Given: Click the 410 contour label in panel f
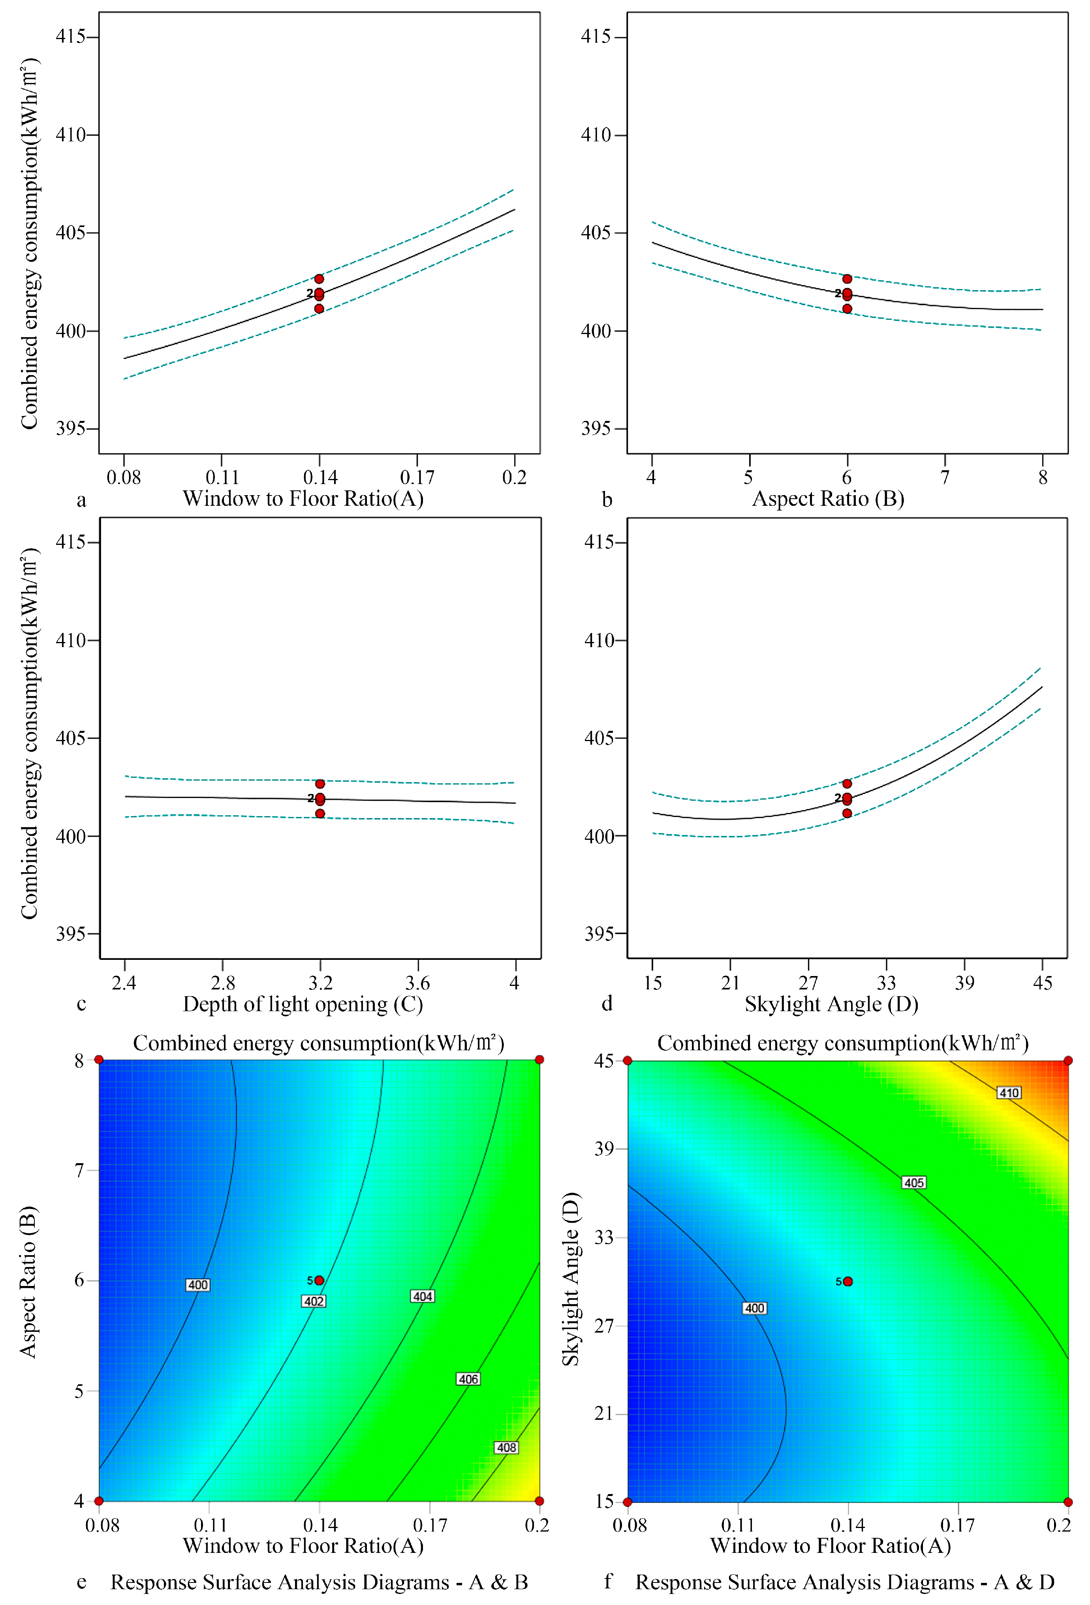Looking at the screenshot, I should coord(1009,1093).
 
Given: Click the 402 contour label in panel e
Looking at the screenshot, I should coord(314,1301).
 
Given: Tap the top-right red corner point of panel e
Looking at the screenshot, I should coord(539,1059).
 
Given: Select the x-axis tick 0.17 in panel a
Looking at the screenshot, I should coord(417,477).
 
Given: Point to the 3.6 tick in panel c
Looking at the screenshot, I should coord(417,983).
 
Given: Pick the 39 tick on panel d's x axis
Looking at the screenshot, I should coord(964,983).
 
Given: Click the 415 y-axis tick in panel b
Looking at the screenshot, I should coord(596,37).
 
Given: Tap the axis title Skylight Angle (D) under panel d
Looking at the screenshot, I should coord(831,1004).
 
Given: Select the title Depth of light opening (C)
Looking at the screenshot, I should coord(303,1004).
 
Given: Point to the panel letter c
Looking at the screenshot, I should coord(81,1004).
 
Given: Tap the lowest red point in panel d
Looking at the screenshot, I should coord(847,813).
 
